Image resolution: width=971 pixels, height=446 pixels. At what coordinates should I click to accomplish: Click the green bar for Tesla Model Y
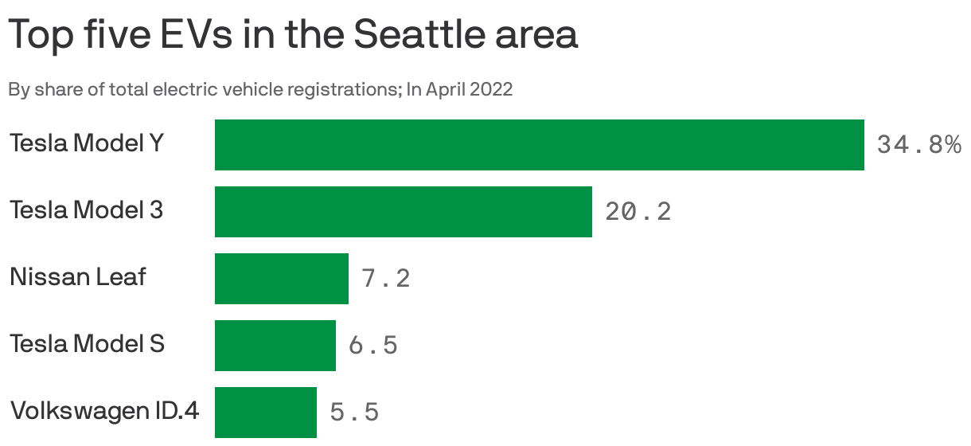pos(539,145)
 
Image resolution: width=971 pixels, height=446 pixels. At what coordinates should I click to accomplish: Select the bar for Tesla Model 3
pos(403,212)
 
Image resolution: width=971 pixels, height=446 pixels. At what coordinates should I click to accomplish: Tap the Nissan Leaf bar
pos(281,279)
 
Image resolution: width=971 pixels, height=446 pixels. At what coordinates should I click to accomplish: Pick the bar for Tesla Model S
pos(275,346)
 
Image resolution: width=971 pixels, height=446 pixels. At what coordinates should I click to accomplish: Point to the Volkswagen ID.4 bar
pos(265,413)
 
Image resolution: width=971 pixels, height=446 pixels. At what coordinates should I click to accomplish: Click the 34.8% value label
pos(918,145)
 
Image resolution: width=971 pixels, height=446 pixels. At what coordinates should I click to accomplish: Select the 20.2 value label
pos(638,212)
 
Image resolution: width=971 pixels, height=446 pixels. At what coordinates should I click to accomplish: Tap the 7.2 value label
pos(385,279)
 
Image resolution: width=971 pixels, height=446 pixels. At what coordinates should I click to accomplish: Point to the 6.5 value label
pos(372,346)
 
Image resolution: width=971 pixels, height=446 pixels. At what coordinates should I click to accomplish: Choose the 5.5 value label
pos(354,413)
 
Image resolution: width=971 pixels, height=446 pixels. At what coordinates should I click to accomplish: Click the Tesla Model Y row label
pos(87,143)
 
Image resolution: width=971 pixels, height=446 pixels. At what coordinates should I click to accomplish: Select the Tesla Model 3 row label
pos(86,210)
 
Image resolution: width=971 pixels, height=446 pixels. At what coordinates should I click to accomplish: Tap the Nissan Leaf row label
pos(78,277)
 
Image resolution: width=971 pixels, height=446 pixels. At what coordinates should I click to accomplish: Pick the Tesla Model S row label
pos(87,344)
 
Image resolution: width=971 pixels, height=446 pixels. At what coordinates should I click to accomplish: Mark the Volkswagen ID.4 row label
pos(104,411)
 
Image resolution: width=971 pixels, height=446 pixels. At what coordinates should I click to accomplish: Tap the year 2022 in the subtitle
pos(491,89)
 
